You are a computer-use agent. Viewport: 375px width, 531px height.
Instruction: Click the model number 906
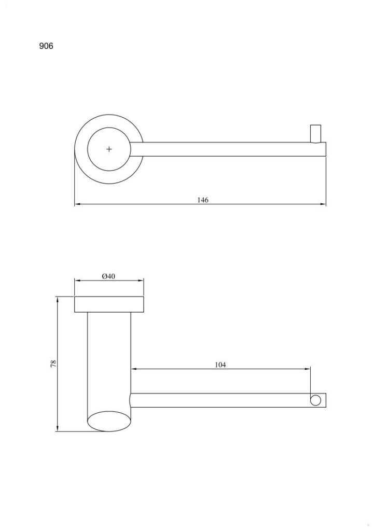[x=46, y=46]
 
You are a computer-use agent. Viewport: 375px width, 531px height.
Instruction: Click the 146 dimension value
[x=203, y=200]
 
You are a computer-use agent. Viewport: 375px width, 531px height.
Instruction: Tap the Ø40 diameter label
[x=108, y=276]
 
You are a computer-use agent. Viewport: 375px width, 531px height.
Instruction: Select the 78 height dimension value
[x=53, y=364]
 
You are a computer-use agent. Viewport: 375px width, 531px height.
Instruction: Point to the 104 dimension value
[x=220, y=365]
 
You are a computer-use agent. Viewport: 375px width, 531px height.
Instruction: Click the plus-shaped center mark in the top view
[x=109, y=149]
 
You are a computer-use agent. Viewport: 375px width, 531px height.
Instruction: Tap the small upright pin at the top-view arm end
[x=316, y=134]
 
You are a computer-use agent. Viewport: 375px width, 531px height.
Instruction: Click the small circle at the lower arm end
[x=315, y=400]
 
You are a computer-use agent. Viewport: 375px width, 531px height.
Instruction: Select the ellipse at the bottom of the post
[x=109, y=421]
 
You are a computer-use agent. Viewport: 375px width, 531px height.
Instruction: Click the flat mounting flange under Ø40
[x=109, y=304]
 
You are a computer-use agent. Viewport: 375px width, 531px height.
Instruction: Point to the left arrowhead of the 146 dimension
[x=78, y=204]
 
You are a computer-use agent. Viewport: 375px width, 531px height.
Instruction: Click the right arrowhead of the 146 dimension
[x=323, y=204]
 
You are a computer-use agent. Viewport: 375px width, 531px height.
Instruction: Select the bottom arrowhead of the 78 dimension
[x=58, y=428]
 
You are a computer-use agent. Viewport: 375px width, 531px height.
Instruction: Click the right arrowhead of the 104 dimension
[x=307, y=369]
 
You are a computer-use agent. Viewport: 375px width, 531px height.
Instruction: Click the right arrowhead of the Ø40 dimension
[x=140, y=281]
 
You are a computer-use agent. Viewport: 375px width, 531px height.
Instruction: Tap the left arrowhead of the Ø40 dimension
[x=78, y=281]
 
